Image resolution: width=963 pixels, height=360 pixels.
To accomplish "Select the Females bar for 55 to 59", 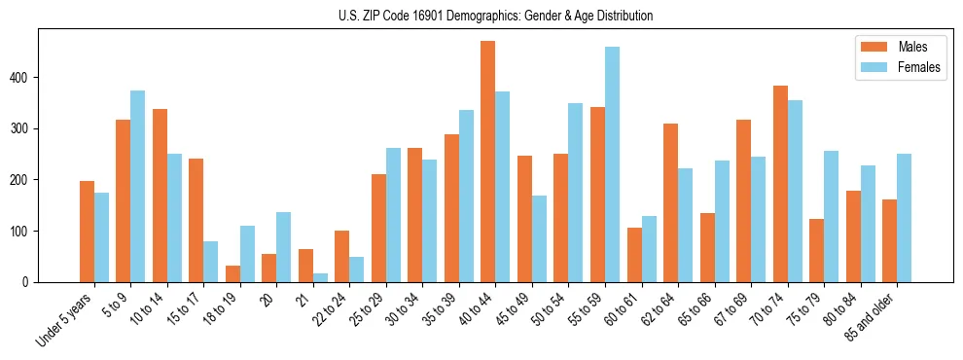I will coord(612,164).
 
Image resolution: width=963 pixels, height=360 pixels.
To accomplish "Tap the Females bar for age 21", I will coord(320,277).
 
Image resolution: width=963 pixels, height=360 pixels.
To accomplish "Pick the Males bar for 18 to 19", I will coord(232,273).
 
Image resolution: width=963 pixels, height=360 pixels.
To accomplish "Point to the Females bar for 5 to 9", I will coord(137,186).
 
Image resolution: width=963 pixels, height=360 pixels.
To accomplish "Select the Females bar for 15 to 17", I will coord(210,262).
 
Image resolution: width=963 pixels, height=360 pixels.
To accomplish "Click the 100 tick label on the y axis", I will coord(28,231).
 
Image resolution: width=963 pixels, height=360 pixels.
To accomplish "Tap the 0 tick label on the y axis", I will coord(34,282).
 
